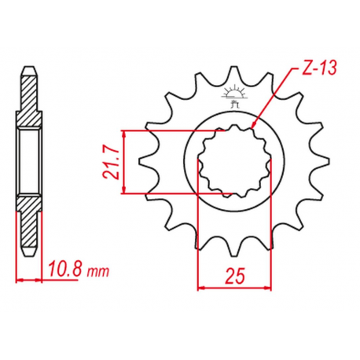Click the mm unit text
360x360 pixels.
click(x=97, y=274)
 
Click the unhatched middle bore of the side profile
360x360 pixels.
click(x=28, y=160)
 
